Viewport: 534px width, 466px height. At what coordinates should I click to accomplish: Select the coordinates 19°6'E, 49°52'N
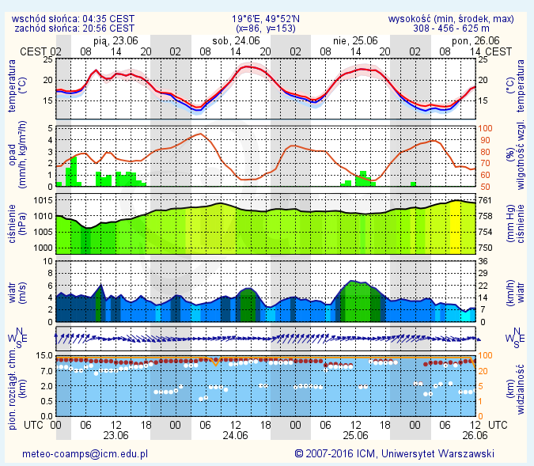coord(263,18)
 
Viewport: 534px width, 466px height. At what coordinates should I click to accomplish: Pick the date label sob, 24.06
coord(237,40)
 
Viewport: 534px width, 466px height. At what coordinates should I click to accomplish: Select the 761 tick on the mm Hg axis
coord(487,201)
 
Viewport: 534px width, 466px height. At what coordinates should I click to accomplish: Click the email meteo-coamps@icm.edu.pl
coord(85,454)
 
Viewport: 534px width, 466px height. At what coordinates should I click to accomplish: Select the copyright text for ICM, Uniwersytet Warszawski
coord(394,454)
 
